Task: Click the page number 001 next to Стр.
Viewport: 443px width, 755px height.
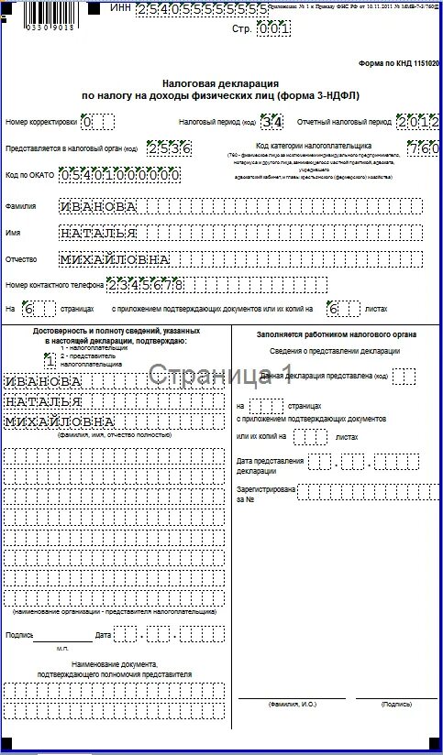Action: click(x=273, y=28)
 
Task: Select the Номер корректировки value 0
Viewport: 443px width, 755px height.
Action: click(x=87, y=122)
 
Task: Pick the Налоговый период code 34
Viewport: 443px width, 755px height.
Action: click(x=271, y=122)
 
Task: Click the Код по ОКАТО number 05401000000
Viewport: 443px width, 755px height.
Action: click(x=118, y=173)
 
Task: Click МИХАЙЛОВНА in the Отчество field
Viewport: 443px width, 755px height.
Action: click(x=115, y=259)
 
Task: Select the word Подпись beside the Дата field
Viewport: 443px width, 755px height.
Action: click(x=19, y=634)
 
